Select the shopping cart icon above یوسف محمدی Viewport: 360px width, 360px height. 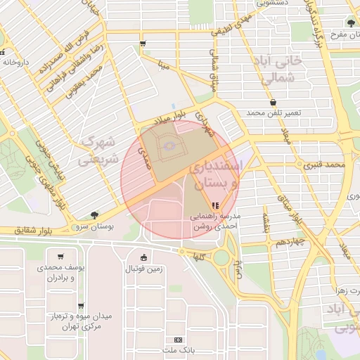point(61,257)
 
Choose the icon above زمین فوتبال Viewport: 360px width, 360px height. point(144,257)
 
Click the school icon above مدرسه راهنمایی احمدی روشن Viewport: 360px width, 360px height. point(215,205)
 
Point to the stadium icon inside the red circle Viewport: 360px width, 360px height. point(167,146)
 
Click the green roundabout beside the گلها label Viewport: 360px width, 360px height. point(221,257)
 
